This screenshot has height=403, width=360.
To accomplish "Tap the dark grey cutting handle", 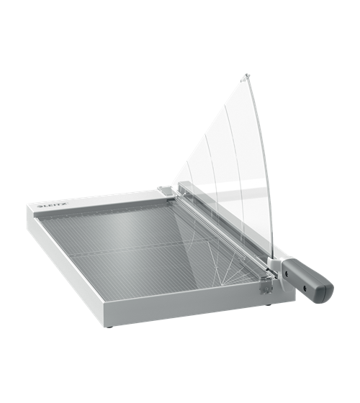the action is point(307,278).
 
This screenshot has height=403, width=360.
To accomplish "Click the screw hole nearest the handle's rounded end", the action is point(306,286).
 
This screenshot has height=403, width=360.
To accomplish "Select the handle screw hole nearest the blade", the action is point(287,274).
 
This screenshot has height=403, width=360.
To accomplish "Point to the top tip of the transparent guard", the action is point(247,74).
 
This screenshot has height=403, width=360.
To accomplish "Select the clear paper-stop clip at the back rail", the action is point(165,191).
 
